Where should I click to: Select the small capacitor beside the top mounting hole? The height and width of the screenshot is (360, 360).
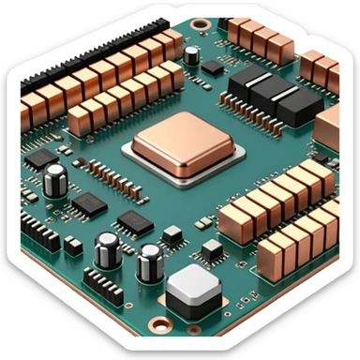point(191,55)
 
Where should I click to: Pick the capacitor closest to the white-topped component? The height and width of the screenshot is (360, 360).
point(149,262)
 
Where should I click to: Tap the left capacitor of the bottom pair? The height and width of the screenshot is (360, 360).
point(108,250)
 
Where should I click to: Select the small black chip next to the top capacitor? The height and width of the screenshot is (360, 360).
point(214,67)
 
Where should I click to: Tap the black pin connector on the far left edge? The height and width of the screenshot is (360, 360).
point(38,231)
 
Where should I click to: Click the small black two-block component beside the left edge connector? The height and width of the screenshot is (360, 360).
point(71,247)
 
